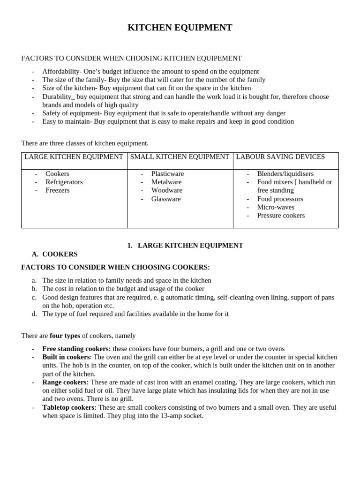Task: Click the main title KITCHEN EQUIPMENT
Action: coord(180,28)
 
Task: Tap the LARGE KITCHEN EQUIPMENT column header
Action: coord(74,157)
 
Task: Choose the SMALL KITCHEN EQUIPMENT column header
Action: coord(180,157)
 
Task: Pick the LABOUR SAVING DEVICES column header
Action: coord(280,157)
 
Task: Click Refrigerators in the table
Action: coord(64,182)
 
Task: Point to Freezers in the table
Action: coord(57,190)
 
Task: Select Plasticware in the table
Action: coord(167,174)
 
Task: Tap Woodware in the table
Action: coord(166,190)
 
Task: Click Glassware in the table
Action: coord(165,199)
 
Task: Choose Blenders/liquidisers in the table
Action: coord(285,174)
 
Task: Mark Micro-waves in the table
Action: coord(276,207)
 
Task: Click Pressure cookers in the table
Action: coord(281,216)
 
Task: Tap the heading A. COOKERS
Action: coord(55,254)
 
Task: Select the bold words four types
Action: coord(65,336)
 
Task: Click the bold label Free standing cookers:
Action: coord(76,349)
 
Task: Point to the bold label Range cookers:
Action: coord(65,382)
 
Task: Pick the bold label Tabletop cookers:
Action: coord(69,407)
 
